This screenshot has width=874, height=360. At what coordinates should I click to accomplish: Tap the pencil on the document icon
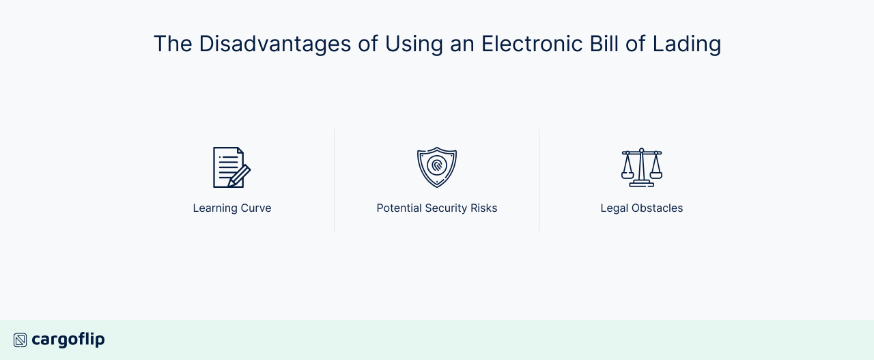(240, 176)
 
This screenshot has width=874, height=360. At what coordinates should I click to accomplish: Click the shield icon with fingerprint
(437, 167)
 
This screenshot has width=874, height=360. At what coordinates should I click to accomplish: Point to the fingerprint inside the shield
(437, 165)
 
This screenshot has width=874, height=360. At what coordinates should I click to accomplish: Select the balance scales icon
(642, 167)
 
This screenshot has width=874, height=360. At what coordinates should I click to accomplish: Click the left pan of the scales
(628, 174)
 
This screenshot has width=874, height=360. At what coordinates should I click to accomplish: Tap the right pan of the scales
(656, 174)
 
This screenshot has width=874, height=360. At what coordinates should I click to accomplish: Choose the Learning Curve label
(232, 208)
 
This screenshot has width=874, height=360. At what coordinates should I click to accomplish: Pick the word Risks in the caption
(484, 208)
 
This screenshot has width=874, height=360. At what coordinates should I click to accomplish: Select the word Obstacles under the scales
(656, 208)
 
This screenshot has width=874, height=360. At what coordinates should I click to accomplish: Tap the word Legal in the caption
(614, 208)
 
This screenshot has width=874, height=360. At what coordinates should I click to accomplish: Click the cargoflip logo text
(68, 340)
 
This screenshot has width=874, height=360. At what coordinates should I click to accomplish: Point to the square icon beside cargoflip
(20, 340)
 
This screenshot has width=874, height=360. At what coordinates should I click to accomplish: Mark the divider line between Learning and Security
(335, 180)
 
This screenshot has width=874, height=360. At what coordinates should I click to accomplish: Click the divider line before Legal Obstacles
(539, 180)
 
